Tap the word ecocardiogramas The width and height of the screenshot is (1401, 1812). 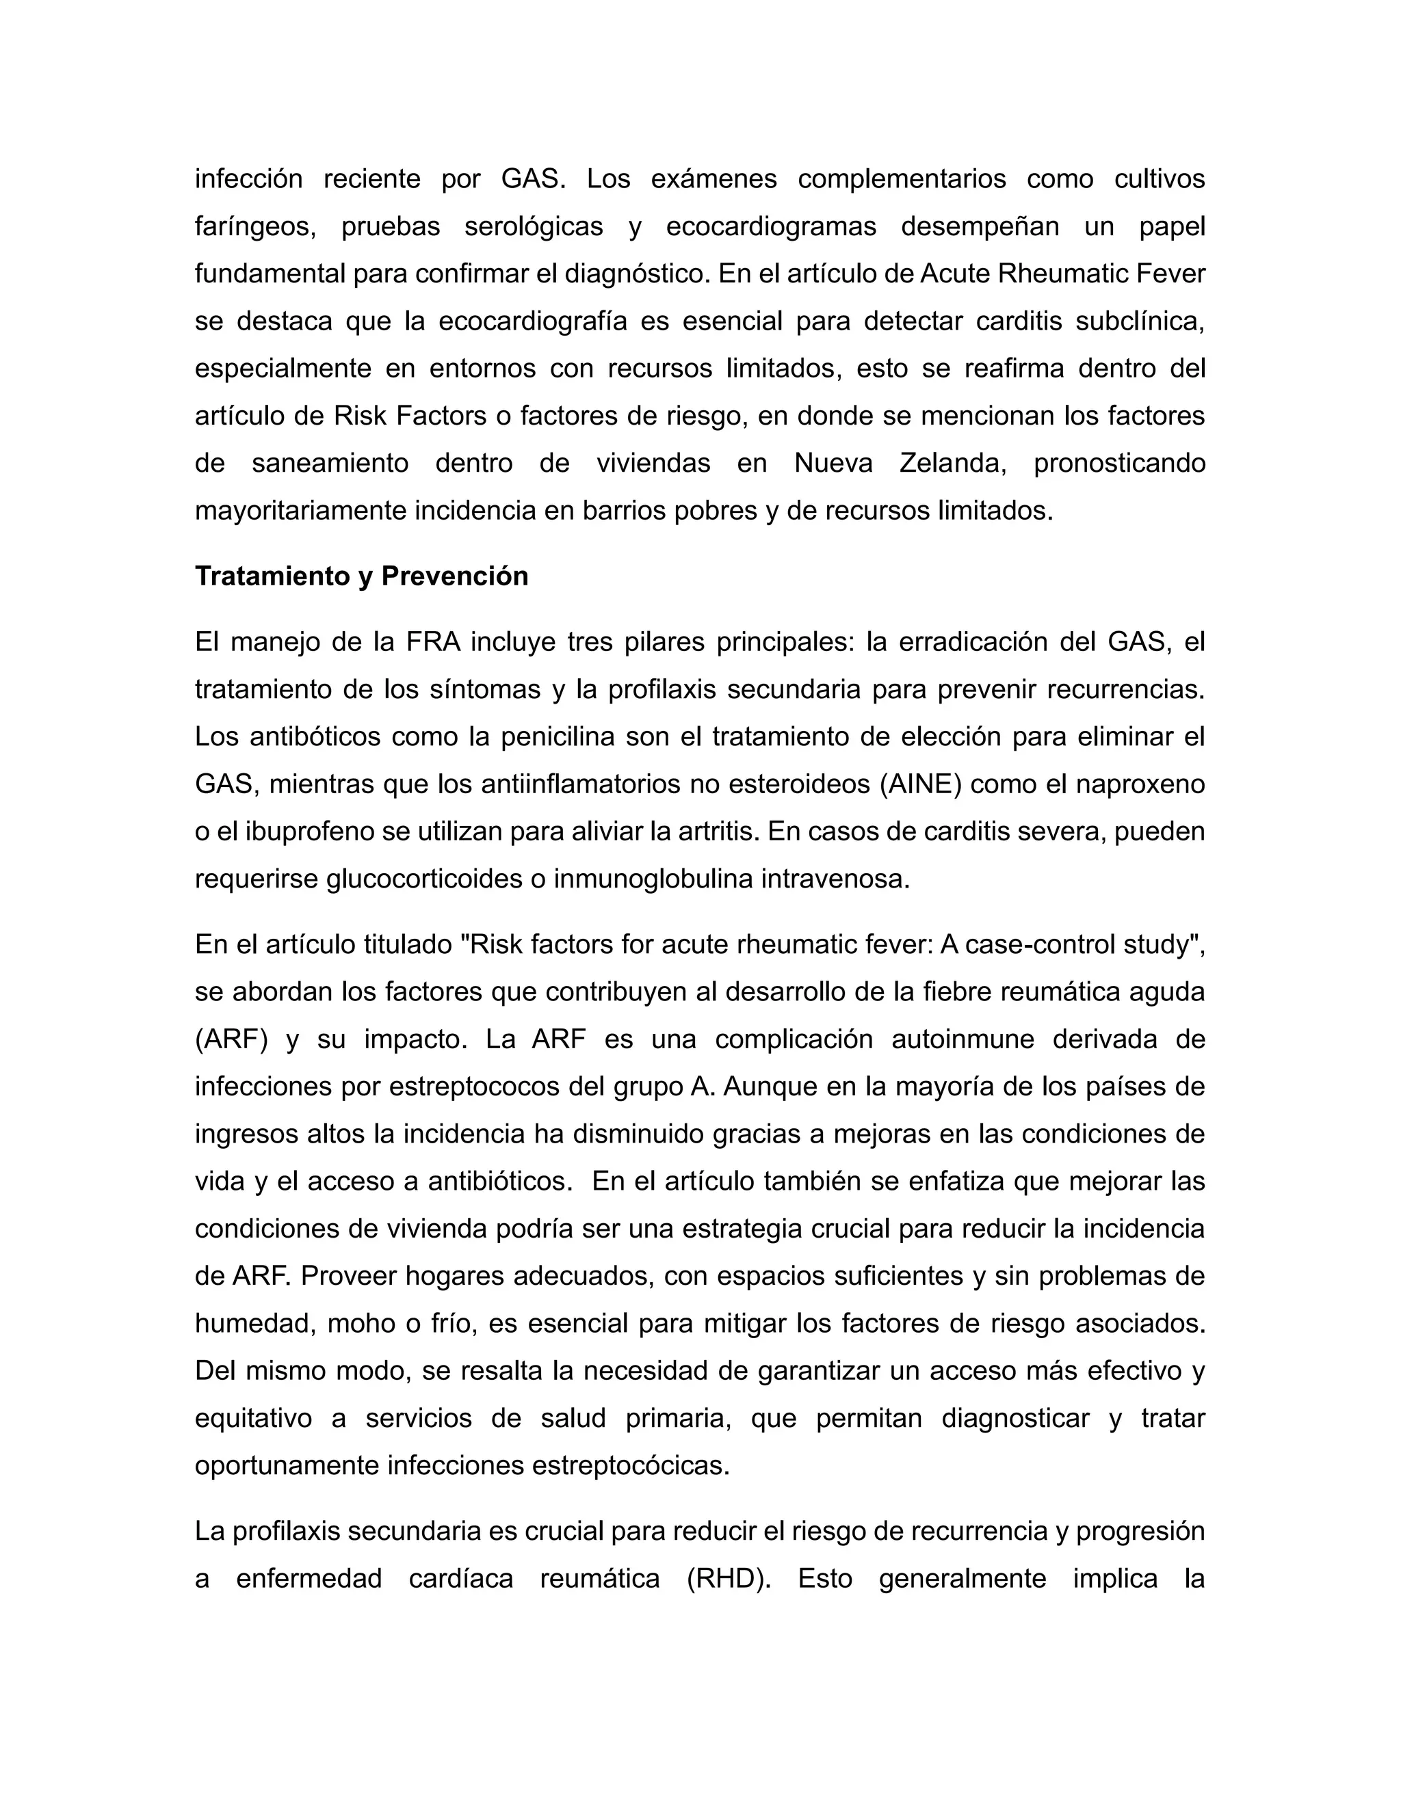click(x=771, y=226)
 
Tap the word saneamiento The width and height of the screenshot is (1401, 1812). click(x=330, y=463)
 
